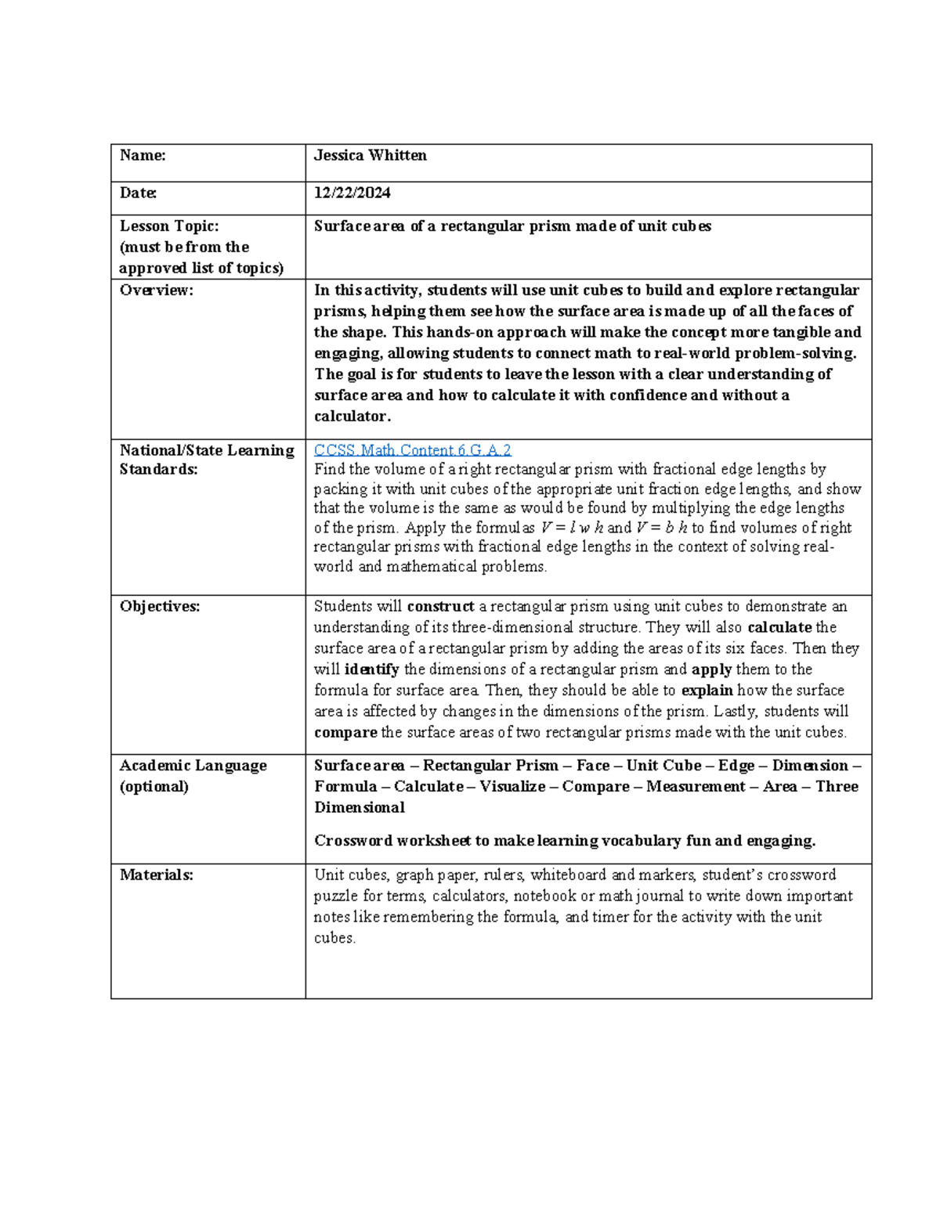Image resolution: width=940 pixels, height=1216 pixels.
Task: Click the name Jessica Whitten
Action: [370, 155]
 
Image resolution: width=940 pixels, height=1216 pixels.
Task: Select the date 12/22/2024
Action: [352, 193]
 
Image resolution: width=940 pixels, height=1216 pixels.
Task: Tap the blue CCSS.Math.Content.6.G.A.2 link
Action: [412, 449]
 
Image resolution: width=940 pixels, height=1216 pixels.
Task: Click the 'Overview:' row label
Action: [156, 290]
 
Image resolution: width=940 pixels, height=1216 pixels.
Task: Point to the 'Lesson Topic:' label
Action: [169, 226]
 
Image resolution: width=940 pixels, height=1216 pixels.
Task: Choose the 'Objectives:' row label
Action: [159, 606]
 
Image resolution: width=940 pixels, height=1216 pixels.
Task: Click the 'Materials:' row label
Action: [156, 875]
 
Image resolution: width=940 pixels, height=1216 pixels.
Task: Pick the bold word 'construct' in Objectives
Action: [440, 606]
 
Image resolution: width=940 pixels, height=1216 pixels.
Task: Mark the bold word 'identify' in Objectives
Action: [371, 669]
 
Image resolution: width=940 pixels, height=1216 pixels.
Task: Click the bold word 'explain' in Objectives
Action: [707, 691]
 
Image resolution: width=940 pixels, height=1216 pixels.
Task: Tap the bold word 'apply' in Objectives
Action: [711, 669]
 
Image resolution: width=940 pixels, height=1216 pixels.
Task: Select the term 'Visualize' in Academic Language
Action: [512, 786]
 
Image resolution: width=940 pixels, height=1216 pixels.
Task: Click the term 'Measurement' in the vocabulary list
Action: [696, 786]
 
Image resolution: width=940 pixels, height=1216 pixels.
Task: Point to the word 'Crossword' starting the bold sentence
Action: [353, 840]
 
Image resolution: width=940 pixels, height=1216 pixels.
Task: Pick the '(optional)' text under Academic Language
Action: [154, 786]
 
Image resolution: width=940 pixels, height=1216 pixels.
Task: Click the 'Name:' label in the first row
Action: [143, 155]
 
